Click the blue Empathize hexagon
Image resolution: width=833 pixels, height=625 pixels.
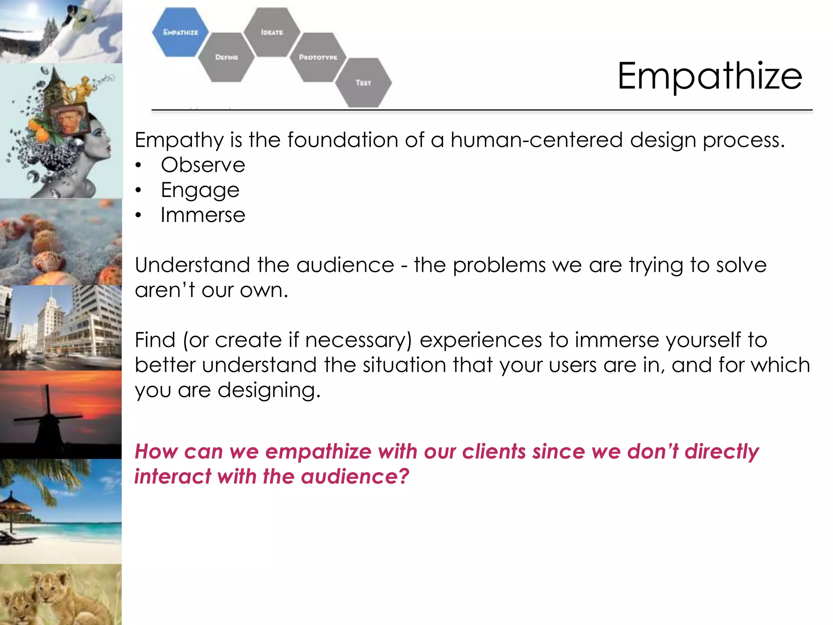[180, 32]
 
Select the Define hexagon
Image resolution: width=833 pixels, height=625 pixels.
[227, 57]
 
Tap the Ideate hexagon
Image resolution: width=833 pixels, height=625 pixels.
[272, 32]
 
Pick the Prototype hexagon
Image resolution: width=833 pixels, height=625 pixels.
[318, 57]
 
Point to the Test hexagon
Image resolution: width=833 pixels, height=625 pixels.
[363, 83]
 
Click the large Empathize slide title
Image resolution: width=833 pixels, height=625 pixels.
[710, 76]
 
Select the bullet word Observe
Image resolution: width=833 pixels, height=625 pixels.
[203, 165]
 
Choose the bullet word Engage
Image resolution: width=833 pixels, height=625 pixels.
[200, 190]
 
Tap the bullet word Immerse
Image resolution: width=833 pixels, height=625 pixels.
[203, 215]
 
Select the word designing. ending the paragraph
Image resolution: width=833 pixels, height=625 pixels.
[269, 390]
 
